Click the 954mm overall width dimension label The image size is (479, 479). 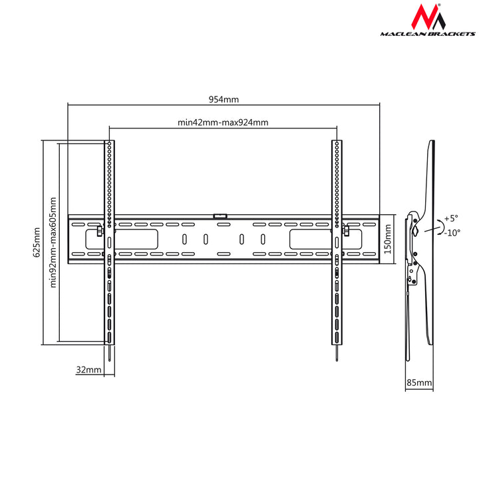[224, 99]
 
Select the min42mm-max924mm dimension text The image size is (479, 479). [223, 122]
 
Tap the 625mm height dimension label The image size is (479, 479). [37, 242]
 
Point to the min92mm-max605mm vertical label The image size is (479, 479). [53, 242]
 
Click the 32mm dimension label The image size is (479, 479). [88, 369]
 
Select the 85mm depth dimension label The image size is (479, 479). [419, 383]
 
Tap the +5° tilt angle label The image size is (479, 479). [451, 218]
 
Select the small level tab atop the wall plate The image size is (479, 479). [220, 216]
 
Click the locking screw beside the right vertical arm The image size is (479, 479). [346, 231]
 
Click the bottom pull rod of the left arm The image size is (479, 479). [109, 353]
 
